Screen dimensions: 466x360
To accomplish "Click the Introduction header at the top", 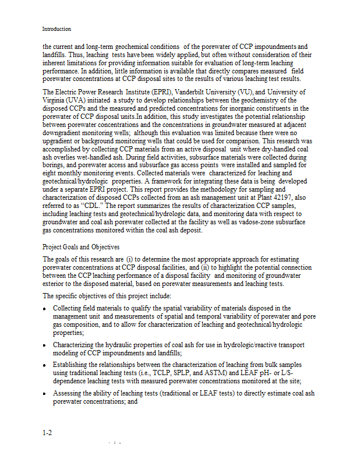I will coord(57,29).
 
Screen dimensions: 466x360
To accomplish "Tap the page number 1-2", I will coord(48,433).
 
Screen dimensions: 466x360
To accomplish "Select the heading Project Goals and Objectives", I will coord(80,247).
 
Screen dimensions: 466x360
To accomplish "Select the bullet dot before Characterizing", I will coord(44,345).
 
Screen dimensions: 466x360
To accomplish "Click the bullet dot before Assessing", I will coord(44,394).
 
